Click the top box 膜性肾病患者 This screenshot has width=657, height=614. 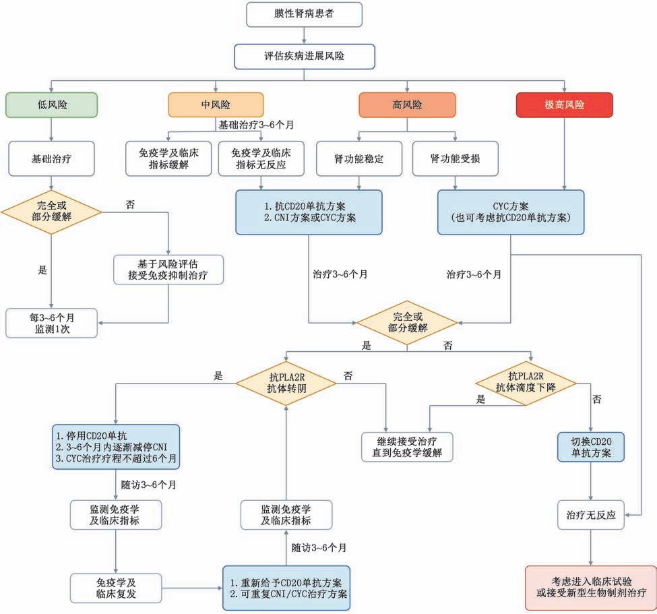(x=304, y=15)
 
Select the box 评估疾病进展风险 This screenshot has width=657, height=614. (x=304, y=57)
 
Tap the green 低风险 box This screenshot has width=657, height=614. (x=51, y=104)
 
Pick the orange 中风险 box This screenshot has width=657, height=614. (x=216, y=104)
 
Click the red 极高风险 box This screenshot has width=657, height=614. (x=565, y=104)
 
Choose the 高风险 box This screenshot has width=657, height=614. (x=407, y=104)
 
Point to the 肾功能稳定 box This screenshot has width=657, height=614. (x=359, y=158)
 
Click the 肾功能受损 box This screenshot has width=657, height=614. (x=456, y=158)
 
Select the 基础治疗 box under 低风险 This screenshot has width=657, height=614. (x=51, y=158)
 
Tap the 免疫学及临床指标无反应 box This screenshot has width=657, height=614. (x=261, y=158)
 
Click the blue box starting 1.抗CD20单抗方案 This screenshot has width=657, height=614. (x=309, y=212)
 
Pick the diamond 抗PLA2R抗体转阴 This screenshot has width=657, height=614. (x=286, y=383)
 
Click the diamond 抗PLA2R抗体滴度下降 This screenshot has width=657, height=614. (x=526, y=383)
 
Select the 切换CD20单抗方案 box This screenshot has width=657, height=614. (x=591, y=448)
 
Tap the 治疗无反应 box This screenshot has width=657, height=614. (x=591, y=515)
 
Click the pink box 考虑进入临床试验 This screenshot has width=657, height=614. (x=591, y=588)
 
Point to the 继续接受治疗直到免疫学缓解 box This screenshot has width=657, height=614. (x=407, y=448)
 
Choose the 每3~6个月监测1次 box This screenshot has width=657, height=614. (x=51, y=323)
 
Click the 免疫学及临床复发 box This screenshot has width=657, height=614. (x=116, y=588)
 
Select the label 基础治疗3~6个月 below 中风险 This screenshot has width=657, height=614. (x=256, y=125)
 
